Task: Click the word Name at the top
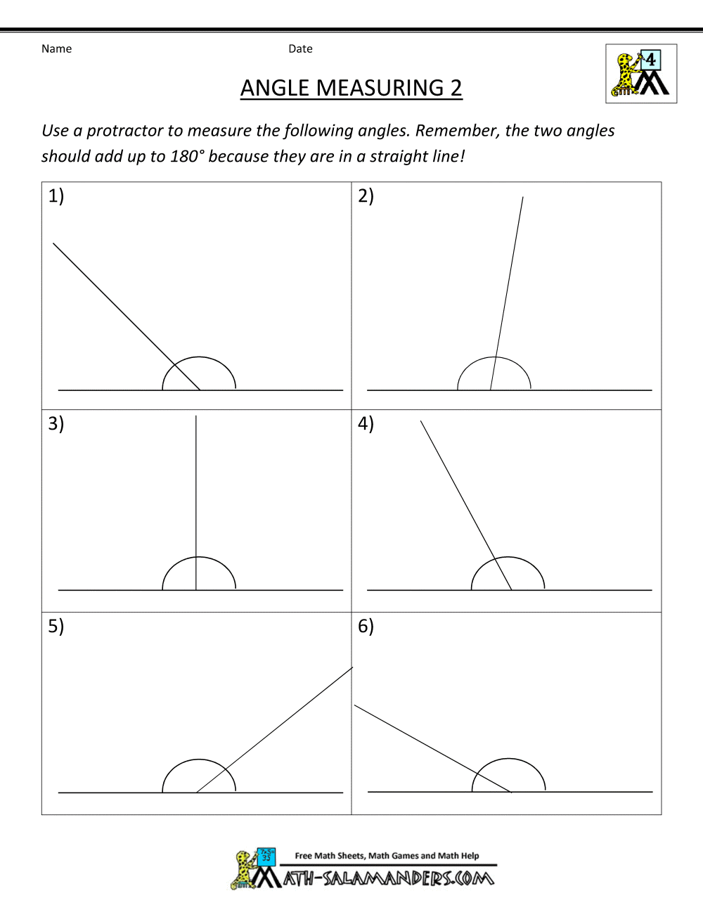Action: click(x=56, y=49)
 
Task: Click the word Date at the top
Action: click(x=300, y=49)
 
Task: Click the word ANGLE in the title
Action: click(x=276, y=88)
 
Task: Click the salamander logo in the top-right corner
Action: click(x=641, y=74)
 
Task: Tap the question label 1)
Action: click(x=56, y=196)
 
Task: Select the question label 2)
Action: click(x=366, y=196)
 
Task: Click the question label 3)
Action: click(x=56, y=423)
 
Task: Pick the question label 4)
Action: click(x=366, y=423)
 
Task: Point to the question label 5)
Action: click(x=56, y=626)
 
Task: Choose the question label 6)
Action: click(x=366, y=626)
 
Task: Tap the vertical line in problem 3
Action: click(x=196, y=492)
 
